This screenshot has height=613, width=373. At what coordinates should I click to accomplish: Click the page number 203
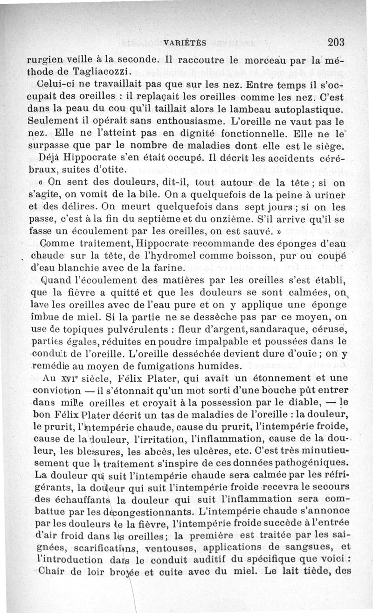click(x=335, y=42)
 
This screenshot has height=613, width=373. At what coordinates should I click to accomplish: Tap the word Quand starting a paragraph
click(x=49, y=281)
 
